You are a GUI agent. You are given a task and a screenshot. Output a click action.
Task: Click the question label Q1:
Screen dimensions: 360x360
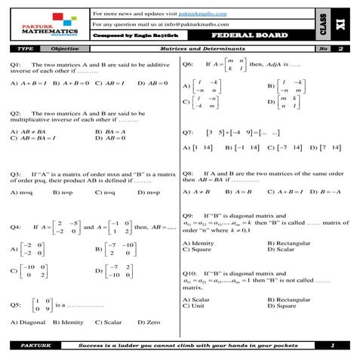tap(16, 66)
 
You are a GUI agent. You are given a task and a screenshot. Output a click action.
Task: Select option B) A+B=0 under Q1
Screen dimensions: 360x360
tap(69, 82)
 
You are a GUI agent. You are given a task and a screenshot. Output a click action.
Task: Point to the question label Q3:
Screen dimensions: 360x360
tap(16, 174)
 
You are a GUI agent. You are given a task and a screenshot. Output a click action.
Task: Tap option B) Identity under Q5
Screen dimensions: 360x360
tap(69, 322)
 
